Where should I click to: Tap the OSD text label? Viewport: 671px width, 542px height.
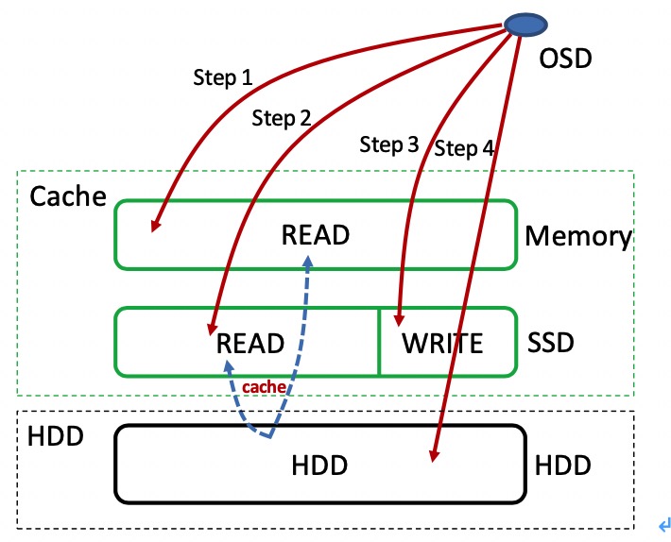(x=564, y=59)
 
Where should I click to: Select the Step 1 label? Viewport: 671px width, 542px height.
(x=222, y=78)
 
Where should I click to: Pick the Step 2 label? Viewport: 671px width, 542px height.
(x=281, y=119)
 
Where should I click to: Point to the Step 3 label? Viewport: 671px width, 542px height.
(x=388, y=144)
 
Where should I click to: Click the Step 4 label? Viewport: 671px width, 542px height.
(x=463, y=148)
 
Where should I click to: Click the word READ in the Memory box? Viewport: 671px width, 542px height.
(x=316, y=234)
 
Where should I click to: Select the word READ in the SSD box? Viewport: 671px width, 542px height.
(x=250, y=342)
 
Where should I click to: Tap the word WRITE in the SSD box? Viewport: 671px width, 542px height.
(x=442, y=342)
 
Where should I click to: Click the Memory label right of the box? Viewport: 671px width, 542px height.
(x=577, y=235)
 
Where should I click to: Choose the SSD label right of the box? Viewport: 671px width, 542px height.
(x=550, y=342)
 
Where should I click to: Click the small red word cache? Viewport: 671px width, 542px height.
(x=265, y=387)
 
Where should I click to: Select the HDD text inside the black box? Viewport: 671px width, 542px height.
(x=319, y=465)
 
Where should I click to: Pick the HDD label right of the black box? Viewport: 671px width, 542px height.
(x=562, y=465)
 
